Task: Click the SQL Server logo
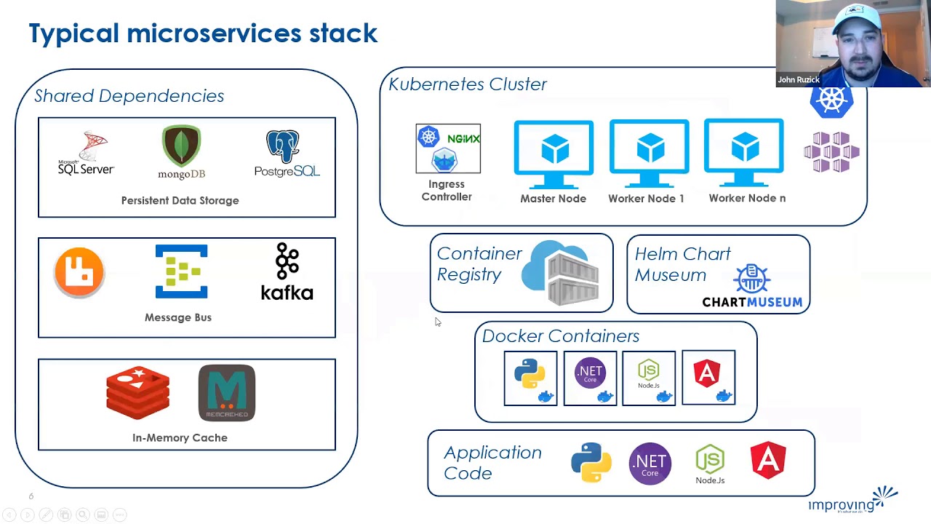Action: (86, 154)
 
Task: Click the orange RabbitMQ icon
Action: (79, 272)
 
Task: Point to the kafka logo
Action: (287, 272)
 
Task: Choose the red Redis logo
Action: (137, 394)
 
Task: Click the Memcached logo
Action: (227, 393)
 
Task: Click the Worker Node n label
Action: (747, 198)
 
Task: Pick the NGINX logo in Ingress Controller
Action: (463, 138)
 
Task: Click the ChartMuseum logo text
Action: (752, 301)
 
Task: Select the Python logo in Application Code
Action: (591, 462)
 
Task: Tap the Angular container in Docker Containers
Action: (708, 378)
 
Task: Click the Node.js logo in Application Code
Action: (710, 464)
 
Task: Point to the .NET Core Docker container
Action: (590, 378)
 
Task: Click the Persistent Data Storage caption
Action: (180, 200)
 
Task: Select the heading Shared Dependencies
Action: (129, 95)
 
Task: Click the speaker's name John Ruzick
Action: (799, 80)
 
